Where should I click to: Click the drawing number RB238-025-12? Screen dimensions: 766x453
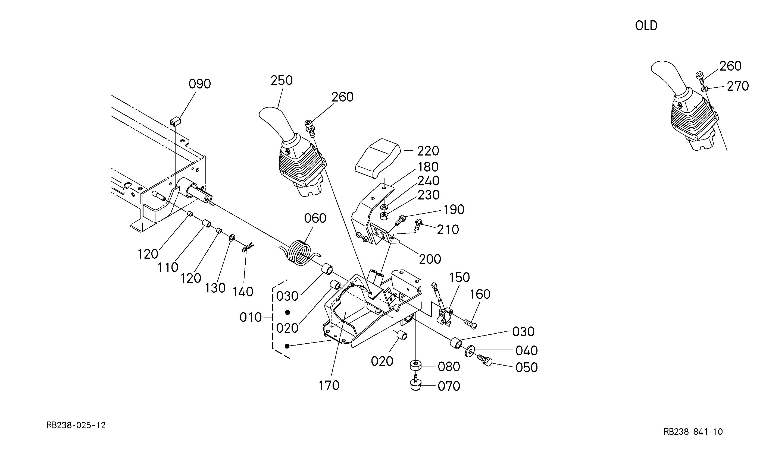click(76, 425)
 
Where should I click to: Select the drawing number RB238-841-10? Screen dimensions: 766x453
click(693, 432)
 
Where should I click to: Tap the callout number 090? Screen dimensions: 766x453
click(199, 84)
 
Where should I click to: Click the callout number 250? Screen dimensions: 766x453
click(282, 81)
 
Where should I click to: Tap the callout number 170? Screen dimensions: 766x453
click(329, 385)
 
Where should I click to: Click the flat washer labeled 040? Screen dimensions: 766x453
click(470, 351)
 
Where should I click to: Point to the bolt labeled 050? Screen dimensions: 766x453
click(485, 360)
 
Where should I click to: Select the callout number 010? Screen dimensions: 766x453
click(251, 318)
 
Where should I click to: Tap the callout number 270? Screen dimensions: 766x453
click(737, 86)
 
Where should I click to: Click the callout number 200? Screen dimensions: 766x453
click(430, 259)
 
